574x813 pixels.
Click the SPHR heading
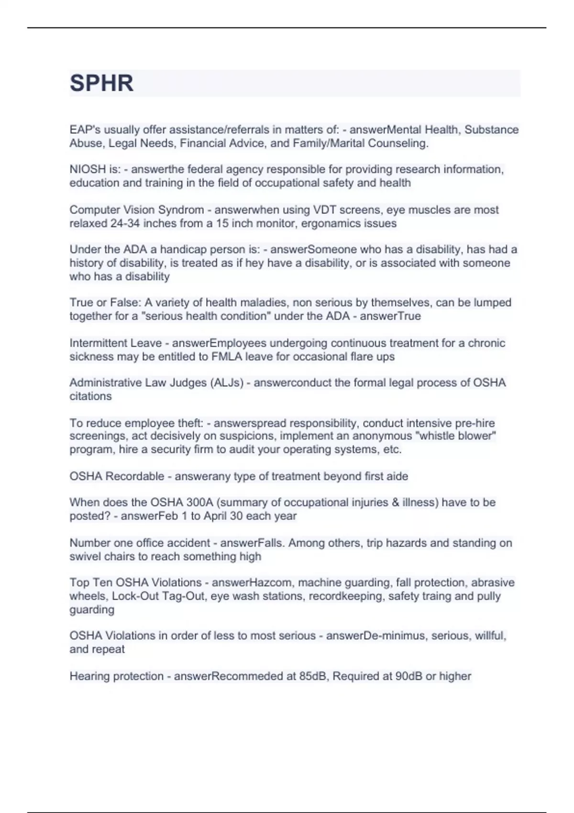pos(101,83)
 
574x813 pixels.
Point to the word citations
pos(90,396)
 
